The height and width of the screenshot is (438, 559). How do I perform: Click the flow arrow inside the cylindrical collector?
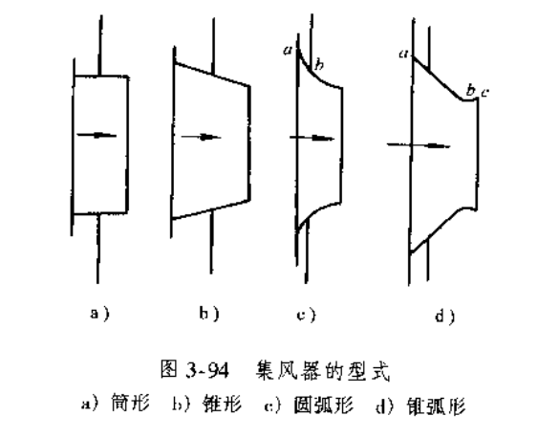[97, 135]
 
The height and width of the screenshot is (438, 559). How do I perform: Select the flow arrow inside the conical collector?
[201, 137]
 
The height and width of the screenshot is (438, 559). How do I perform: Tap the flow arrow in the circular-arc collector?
[312, 138]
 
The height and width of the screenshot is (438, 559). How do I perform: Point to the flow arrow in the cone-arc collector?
[419, 145]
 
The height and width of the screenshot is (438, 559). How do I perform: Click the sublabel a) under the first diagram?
[99, 314]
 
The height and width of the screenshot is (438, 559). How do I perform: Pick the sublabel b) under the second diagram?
[209, 314]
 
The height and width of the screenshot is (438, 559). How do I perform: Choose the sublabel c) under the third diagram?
[306, 316]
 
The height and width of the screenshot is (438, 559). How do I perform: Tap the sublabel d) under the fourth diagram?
[445, 317]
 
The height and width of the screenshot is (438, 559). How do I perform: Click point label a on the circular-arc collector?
[288, 51]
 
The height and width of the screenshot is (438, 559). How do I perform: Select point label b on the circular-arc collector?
[319, 65]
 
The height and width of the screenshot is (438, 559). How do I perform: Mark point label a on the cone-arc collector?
[403, 54]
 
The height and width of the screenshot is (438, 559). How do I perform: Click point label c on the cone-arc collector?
[484, 94]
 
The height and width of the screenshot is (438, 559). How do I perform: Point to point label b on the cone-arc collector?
[471, 91]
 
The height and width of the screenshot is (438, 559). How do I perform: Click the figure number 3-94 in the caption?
[206, 371]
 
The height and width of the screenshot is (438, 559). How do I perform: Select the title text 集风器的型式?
[323, 371]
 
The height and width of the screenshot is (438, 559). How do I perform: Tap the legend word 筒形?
[131, 404]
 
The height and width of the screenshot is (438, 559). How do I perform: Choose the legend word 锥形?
[222, 405]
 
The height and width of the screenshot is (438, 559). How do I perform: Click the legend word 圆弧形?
[323, 405]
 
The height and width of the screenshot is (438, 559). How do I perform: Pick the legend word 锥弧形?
[437, 406]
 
